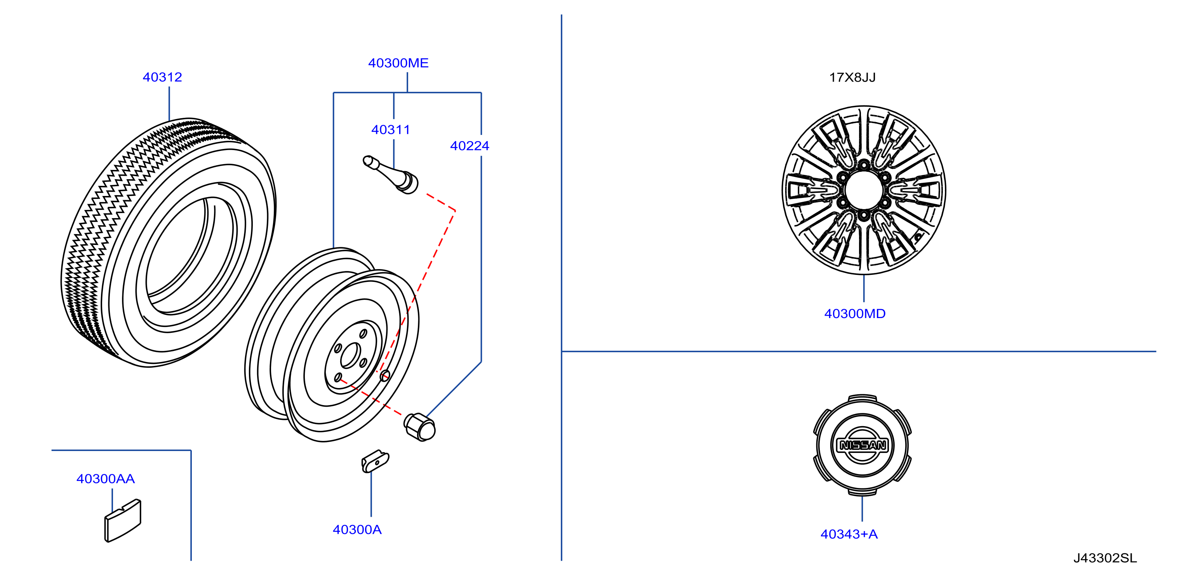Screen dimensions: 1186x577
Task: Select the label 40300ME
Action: pos(398,63)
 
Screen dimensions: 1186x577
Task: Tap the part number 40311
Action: pos(390,130)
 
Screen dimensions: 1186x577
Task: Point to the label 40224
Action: pos(470,146)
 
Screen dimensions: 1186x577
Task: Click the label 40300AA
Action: pos(105,479)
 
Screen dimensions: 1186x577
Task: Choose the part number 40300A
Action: pos(357,530)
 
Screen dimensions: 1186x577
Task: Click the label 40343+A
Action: pos(849,534)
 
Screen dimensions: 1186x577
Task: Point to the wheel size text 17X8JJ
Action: pos(852,77)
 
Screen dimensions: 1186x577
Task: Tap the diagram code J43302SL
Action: pos(1105,558)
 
